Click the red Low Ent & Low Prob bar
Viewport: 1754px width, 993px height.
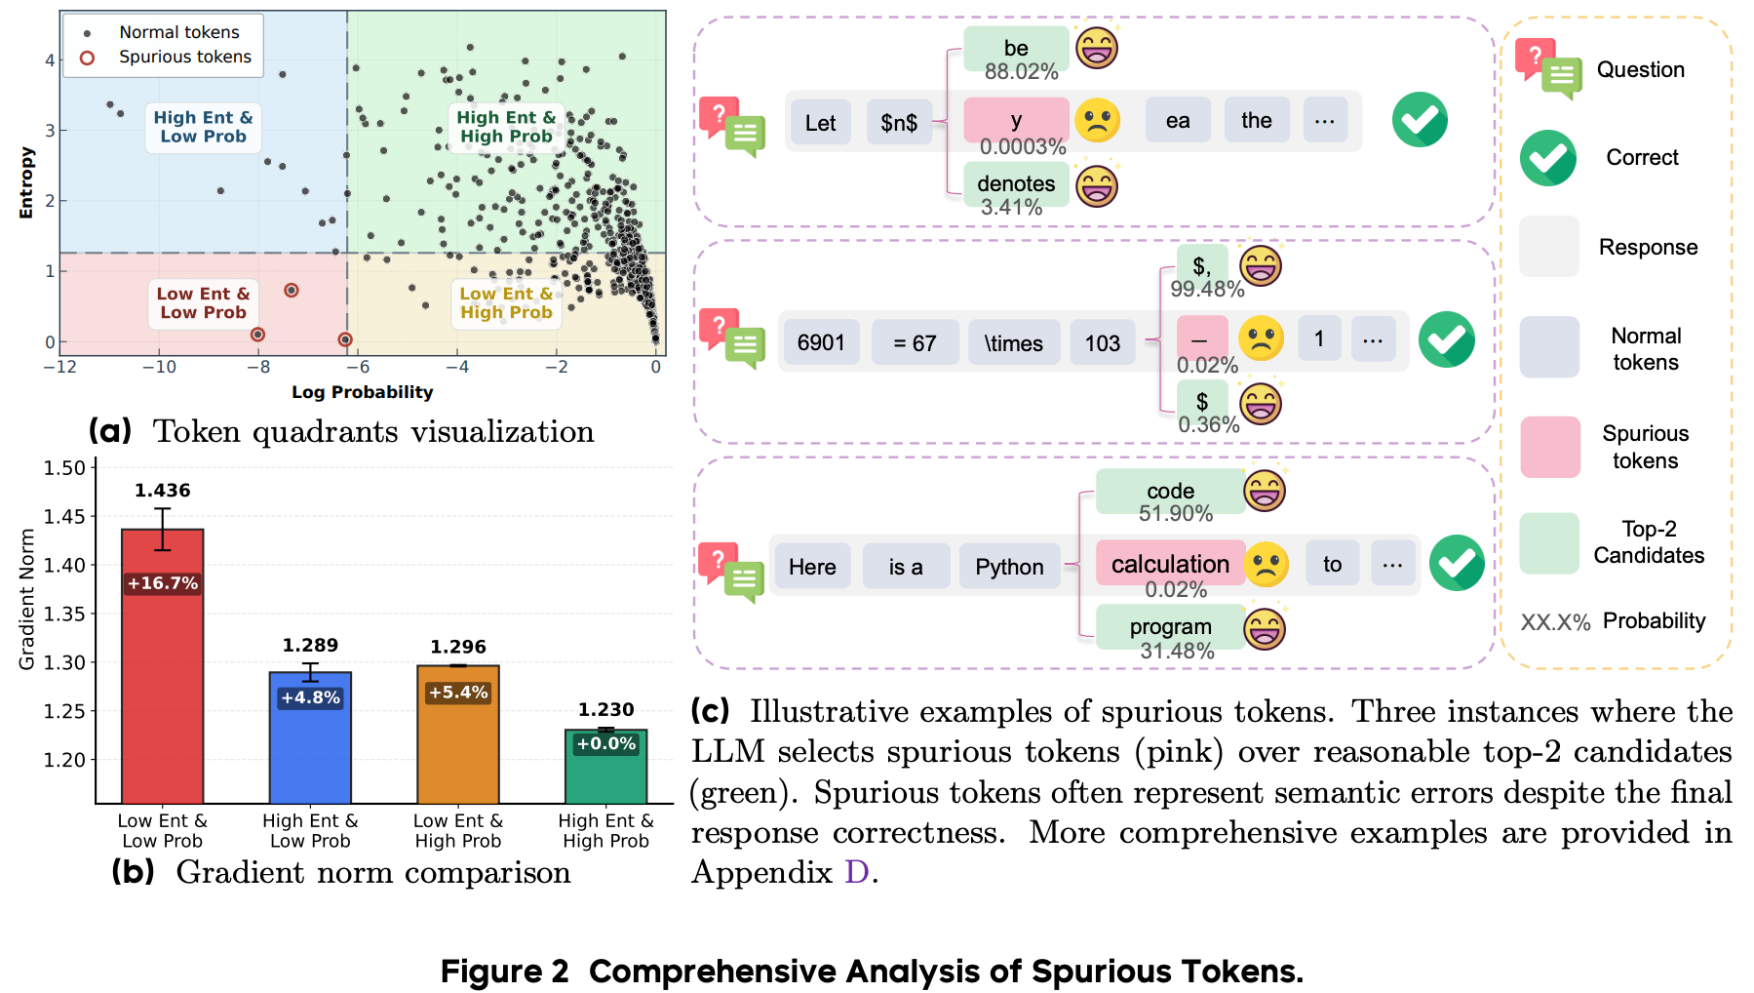[x=162, y=666]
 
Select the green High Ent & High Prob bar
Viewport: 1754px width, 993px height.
[x=605, y=767]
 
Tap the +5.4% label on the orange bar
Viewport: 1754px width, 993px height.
[x=458, y=693]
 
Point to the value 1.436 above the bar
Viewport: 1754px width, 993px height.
[x=163, y=491]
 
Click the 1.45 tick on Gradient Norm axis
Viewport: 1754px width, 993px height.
[x=64, y=516]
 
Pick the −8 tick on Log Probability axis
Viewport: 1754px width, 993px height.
[x=258, y=368]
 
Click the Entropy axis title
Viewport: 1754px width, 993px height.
[x=26, y=182]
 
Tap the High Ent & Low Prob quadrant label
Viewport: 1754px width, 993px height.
[x=203, y=127]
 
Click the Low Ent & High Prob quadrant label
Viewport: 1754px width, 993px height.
[x=506, y=303]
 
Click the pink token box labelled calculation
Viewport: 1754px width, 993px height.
[x=1170, y=564]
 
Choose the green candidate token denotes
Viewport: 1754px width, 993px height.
[x=1016, y=183]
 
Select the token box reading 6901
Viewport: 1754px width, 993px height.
[x=821, y=342]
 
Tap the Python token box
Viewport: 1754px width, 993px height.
[x=1009, y=567]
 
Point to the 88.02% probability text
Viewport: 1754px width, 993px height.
[x=1021, y=71]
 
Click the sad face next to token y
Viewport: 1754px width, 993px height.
[x=1097, y=121]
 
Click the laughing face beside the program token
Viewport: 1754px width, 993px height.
[x=1265, y=628]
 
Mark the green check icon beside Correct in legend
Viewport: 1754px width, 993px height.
[x=1547, y=158]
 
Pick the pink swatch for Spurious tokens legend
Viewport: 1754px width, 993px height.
[x=1549, y=447]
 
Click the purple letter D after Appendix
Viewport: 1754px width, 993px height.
[x=856, y=872]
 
